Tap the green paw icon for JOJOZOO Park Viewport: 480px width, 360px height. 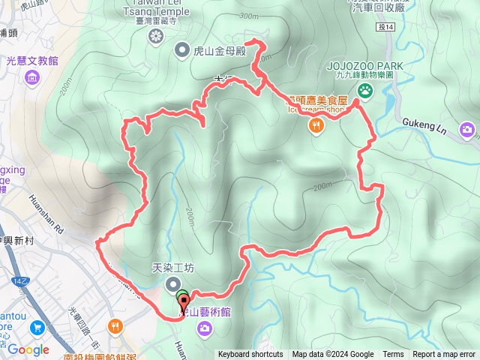pos(365,91)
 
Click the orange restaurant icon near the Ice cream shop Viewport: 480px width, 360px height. pos(317,126)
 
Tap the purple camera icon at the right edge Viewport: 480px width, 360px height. pos(468,130)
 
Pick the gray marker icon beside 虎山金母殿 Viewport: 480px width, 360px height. pos(182,51)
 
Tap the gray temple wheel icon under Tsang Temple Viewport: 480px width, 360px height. pos(156,35)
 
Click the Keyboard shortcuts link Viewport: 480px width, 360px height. pos(250,355)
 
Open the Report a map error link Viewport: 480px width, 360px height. pos(444,355)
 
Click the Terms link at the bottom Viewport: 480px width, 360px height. pos(393,355)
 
